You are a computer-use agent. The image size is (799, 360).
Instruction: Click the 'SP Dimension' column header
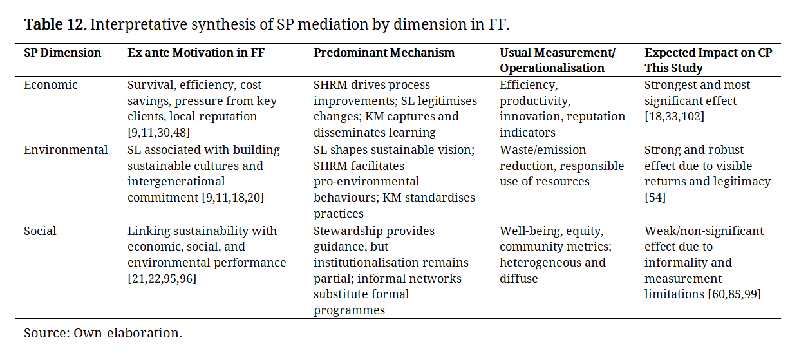point(62,53)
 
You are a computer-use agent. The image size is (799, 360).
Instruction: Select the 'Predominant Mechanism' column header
point(384,53)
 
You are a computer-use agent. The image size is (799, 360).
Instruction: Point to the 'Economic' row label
point(51,85)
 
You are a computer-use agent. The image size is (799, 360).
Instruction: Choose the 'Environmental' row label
point(66,150)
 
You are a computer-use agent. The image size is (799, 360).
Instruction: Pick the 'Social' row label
point(40,231)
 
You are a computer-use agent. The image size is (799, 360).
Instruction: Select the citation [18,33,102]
point(674,117)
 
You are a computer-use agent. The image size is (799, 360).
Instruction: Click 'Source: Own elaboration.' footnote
point(103,334)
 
